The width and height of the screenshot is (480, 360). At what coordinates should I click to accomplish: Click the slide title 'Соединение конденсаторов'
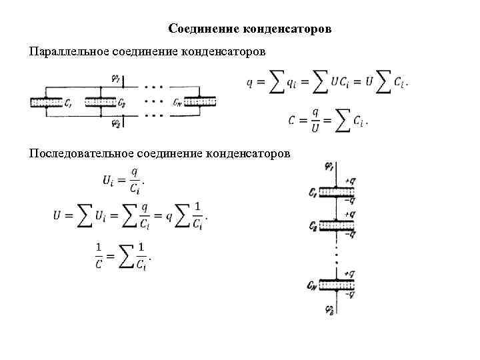(x=250, y=29)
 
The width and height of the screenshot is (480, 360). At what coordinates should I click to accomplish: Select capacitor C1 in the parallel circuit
(x=45, y=103)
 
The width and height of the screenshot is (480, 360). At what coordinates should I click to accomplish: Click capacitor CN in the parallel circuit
(x=201, y=102)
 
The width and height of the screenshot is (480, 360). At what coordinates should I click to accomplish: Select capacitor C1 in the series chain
(x=335, y=193)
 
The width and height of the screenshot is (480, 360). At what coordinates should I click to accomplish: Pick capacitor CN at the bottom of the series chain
(x=335, y=285)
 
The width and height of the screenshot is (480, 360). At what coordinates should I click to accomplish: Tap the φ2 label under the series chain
(x=329, y=309)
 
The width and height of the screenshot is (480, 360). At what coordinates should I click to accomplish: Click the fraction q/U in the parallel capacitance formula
(x=315, y=120)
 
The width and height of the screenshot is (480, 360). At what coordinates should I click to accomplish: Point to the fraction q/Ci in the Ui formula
(x=135, y=181)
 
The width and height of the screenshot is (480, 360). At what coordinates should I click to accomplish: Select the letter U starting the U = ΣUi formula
(x=59, y=216)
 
